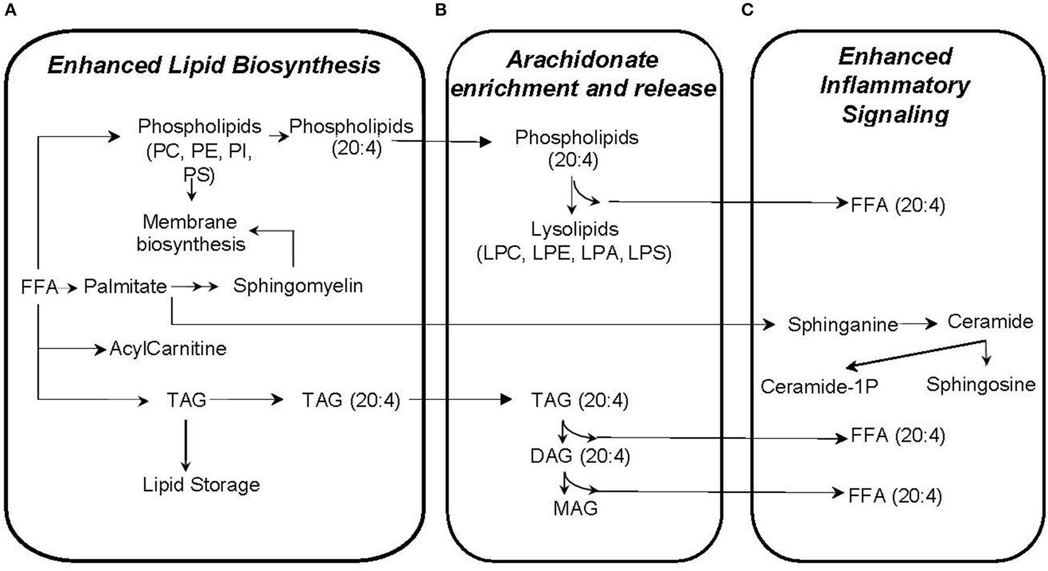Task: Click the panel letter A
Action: tap(10, 10)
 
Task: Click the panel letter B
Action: tap(440, 10)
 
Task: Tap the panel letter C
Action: tap(747, 10)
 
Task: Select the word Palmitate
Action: tap(125, 286)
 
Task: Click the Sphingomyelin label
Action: tap(297, 286)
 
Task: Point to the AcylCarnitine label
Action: tap(168, 349)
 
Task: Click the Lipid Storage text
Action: tap(201, 485)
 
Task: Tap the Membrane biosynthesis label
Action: tap(190, 233)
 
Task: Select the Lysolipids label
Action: tap(575, 229)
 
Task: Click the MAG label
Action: tap(575, 508)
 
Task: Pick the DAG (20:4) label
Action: tap(580, 456)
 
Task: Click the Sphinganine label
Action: tap(842, 325)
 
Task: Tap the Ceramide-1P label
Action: tap(819, 386)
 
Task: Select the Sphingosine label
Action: tap(981, 385)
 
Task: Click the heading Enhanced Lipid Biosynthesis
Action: tap(214, 65)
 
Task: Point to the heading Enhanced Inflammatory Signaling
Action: tap(895, 85)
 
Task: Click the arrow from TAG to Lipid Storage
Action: tap(186, 445)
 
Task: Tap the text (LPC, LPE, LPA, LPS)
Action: tap(574, 253)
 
